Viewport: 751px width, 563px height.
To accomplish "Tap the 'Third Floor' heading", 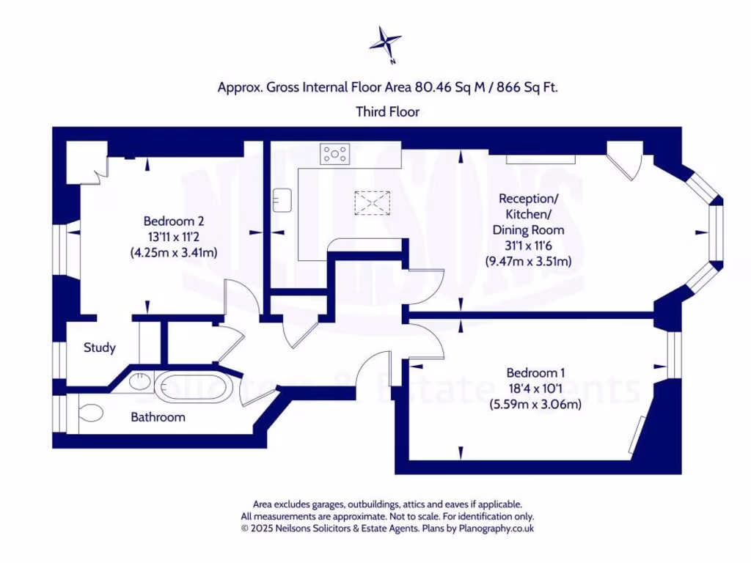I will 387,112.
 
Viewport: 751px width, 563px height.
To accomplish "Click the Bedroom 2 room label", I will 174,221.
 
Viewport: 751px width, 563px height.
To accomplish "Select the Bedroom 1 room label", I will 536,372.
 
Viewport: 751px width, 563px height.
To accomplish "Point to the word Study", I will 100,347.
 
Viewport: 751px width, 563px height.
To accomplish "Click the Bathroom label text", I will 158,417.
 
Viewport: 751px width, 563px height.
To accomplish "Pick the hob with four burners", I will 334,154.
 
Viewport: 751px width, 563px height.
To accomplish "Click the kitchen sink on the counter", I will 282,198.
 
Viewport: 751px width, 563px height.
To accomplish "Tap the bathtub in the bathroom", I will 196,386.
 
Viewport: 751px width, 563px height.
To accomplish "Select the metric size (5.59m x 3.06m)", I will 535,403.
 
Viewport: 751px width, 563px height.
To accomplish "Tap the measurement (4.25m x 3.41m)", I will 174,252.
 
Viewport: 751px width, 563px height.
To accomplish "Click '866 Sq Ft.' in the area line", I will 528,87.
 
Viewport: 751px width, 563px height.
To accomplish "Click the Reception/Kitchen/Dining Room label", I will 528,214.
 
